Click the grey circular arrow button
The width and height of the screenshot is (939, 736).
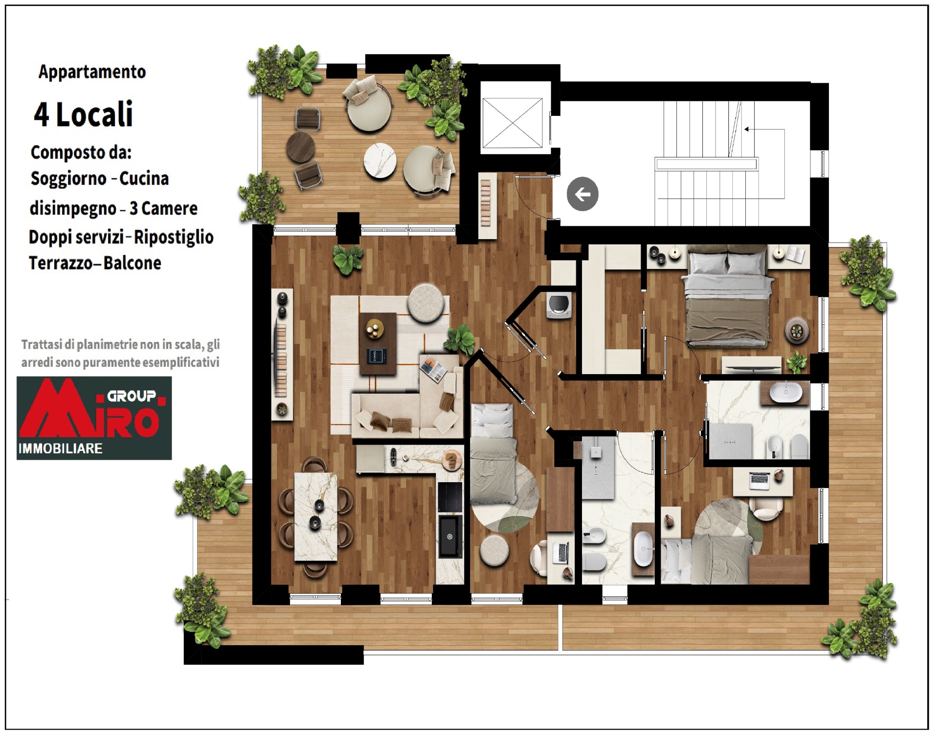582,194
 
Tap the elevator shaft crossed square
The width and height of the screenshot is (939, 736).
513,123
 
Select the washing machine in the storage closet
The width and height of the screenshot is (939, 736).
559,305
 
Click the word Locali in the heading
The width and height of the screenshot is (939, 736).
94,114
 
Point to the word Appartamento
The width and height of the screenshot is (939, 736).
92,72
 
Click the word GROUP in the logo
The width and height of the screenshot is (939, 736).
132,396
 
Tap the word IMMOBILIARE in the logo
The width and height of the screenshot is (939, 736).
60,448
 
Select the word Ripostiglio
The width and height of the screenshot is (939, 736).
174,237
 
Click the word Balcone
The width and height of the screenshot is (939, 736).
132,263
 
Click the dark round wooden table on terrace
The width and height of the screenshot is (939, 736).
300,147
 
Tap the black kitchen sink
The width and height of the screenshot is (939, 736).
449,536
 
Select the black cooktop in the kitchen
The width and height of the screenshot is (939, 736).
450,497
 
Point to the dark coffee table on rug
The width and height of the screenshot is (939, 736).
378,344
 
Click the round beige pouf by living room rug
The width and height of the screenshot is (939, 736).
426,303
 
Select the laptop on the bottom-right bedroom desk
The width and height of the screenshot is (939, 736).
760,480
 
